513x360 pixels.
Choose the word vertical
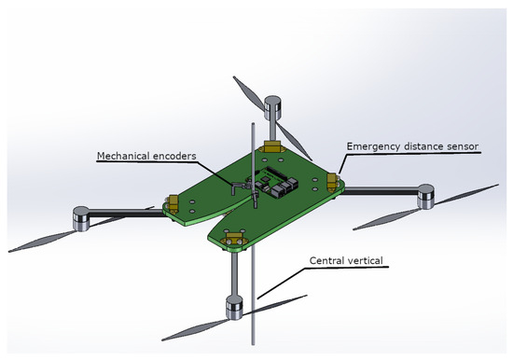(x=365, y=260)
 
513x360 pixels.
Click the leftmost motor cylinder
(x=81, y=218)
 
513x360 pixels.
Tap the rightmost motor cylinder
(x=426, y=197)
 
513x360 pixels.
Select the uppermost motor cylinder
(x=272, y=108)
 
